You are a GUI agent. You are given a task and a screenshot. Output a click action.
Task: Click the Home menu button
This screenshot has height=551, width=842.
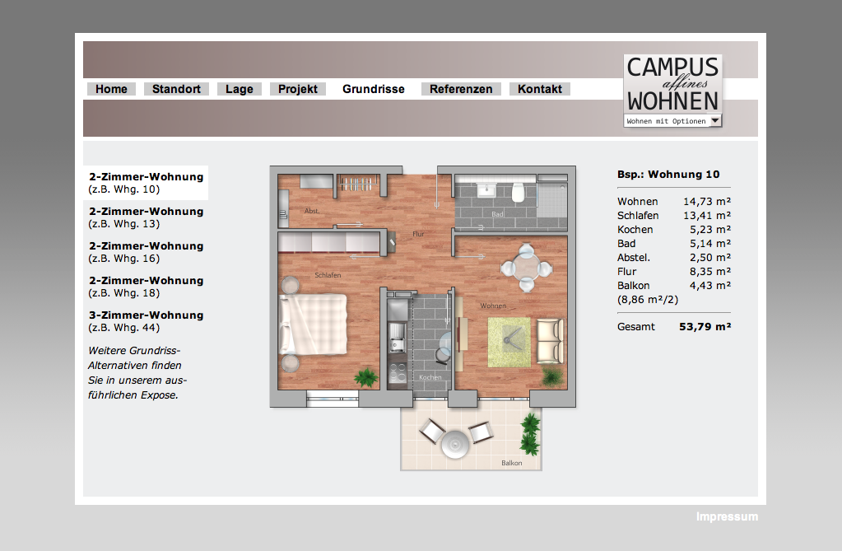click(x=111, y=89)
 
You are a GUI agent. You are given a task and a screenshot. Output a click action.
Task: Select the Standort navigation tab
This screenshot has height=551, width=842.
click(x=176, y=89)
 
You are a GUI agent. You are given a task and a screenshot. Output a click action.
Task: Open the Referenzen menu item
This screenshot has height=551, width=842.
click(x=461, y=89)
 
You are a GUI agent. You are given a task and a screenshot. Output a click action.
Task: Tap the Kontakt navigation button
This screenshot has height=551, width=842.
click(x=540, y=89)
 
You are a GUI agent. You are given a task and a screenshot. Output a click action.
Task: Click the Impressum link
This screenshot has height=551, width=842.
click(x=727, y=516)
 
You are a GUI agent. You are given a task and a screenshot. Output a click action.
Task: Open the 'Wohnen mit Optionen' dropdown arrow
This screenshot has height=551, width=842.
click(x=715, y=121)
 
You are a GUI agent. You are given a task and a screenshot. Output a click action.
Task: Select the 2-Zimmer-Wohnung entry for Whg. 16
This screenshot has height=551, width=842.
click(x=146, y=251)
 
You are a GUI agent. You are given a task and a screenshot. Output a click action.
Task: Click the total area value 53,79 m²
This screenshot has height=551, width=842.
click(x=705, y=327)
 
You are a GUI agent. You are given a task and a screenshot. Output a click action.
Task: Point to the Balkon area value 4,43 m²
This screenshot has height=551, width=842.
click(x=710, y=286)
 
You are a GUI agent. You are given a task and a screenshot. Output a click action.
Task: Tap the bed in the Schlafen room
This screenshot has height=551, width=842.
click(x=313, y=325)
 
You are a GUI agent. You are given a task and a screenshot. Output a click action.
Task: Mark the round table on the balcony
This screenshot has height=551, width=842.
click(x=455, y=444)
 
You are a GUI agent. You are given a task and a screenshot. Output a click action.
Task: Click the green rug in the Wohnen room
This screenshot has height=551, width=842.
click(x=509, y=343)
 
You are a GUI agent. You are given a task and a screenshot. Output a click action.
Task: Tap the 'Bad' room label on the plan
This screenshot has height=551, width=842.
click(x=497, y=214)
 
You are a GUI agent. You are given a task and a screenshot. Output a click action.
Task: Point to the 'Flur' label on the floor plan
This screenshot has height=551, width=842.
click(x=418, y=234)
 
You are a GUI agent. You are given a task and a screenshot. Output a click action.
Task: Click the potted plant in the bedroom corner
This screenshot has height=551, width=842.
click(x=366, y=377)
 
